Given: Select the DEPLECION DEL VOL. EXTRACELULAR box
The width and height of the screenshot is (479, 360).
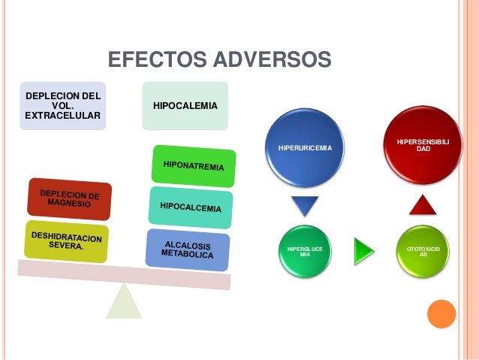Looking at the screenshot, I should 63,106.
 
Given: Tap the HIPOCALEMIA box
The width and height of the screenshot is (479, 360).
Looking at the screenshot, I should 185,106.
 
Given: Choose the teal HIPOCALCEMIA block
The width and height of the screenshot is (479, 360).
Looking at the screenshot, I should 190,204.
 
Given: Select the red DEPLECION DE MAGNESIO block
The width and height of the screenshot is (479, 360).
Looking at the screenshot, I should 69,199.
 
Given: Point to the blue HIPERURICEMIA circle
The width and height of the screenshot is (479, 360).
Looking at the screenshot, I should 304,148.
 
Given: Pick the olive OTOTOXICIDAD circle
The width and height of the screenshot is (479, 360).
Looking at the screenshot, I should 423,250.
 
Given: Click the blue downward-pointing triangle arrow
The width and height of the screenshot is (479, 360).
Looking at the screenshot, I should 305,205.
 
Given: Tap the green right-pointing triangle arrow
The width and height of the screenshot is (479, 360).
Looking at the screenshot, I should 363,249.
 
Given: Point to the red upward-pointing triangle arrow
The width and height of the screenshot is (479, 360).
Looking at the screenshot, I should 423,204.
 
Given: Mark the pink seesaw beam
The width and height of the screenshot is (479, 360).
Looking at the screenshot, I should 124,274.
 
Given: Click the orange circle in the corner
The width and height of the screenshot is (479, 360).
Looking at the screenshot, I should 441,314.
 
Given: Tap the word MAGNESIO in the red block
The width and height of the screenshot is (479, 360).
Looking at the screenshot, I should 68,204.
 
